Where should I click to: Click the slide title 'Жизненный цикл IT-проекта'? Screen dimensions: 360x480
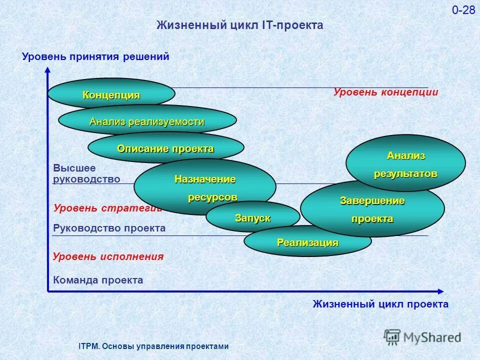[x=240, y=25]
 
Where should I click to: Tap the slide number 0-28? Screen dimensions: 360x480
[x=463, y=10]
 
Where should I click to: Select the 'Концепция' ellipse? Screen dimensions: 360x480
[x=111, y=94]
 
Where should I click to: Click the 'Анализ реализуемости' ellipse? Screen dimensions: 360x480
[x=147, y=121]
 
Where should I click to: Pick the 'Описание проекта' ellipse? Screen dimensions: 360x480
[x=165, y=148]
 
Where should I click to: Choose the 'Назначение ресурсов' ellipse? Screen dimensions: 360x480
[x=204, y=186]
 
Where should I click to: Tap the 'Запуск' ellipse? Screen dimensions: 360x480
[x=252, y=217]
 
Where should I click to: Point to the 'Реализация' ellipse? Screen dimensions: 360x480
[x=307, y=242]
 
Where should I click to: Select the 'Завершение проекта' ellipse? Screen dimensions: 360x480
[x=372, y=209]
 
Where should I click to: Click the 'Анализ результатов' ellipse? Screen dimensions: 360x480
[x=405, y=163]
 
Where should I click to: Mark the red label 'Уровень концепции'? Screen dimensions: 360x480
[x=385, y=92]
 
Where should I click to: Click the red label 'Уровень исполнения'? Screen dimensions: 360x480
[x=108, y=256]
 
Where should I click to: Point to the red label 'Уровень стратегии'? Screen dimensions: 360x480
[x=106, y=208]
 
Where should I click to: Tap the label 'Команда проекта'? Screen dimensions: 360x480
[x=98, y=280]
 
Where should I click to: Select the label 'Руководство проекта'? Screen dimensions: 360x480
[x=109, y=228]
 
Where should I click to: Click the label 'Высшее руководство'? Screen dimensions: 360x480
[x=86, y=174]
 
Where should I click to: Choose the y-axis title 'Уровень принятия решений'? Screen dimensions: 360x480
[x=96, y=57]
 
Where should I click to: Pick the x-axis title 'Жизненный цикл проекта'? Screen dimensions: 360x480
[x=380, y=304]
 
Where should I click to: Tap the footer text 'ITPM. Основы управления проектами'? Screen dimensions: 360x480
[x=153, y=346]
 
